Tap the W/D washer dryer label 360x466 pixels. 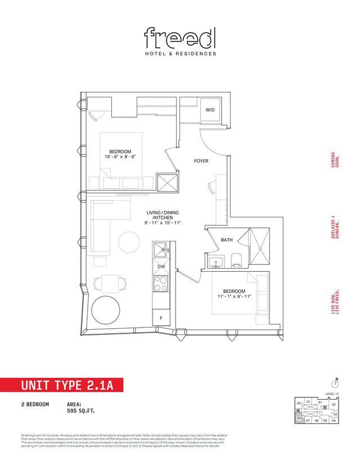pyautogui.click(x=210, y=110)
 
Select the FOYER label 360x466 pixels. pyautogui.click(x=201, y=160)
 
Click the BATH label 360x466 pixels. pyautogui.click(x=227, y=240)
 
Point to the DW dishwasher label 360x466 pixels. pyautogui.click(x=161, y=266)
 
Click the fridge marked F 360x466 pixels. pyautogui.click(x=161, y=317)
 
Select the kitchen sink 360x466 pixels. pyautogui.click(x=160, y=249)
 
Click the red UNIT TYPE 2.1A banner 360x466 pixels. pyautogui.click(x=60, y=386)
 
